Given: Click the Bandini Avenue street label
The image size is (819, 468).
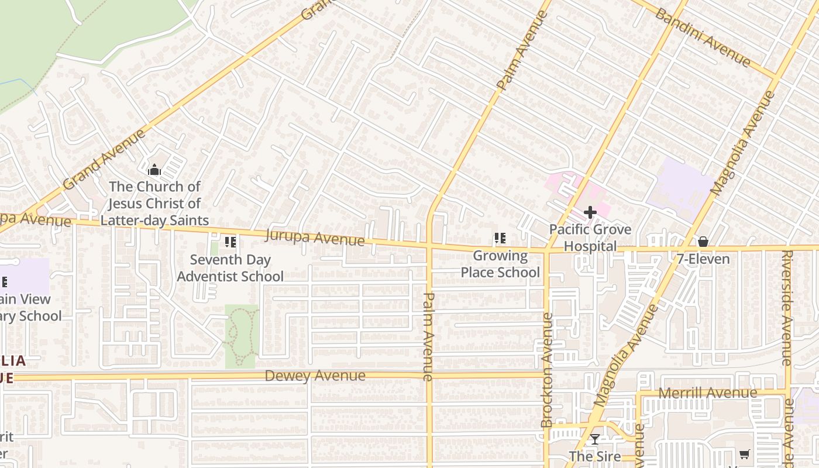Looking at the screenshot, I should coord(702,37).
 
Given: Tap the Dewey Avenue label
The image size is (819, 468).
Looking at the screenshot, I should coord(315,376).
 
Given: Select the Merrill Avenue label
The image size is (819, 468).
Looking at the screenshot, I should coord(708,393).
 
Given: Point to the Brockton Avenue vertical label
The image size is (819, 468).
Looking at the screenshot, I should coord(547,370).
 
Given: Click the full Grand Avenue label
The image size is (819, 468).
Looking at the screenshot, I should coord(104,160).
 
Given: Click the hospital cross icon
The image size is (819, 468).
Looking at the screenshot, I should coord(590,212).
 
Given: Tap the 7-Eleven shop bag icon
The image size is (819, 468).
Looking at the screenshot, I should coord(703,242).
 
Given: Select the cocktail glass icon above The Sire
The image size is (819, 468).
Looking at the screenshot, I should coord(595,439).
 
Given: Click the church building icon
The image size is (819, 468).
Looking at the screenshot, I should coord(154,170).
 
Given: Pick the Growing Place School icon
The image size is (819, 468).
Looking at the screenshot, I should coord(500,238).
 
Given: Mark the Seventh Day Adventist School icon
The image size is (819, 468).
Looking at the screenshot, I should coord(230,242).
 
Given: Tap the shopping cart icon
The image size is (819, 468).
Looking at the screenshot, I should coord(744,454).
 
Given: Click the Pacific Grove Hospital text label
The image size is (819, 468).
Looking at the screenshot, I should coord(590,238).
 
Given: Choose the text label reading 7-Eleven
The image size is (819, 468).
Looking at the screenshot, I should coord(703,259).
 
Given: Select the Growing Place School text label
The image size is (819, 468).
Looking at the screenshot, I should coord(500,264).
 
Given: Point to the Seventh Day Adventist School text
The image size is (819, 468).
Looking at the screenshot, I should coord(230,267).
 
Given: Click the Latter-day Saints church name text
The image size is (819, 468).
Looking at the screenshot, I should coord(154,203).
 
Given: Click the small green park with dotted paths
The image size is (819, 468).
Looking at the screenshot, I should coord(241,336).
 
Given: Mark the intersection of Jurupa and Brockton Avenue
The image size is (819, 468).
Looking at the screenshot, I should coord(547,249).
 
